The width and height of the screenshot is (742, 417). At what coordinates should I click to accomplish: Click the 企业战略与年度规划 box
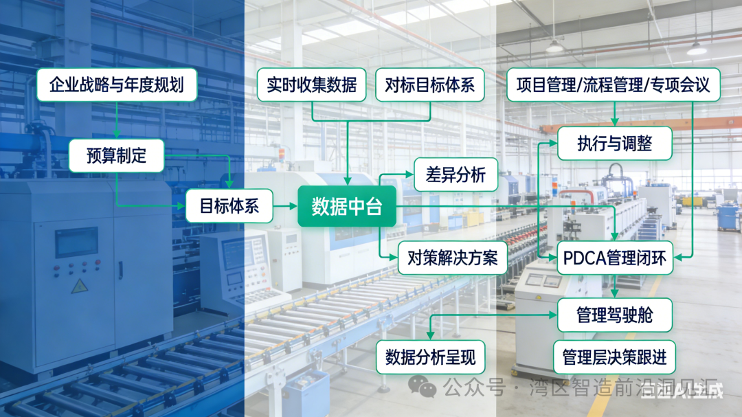coord(117,85)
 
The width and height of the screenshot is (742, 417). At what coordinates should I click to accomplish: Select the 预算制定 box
coord(117,155)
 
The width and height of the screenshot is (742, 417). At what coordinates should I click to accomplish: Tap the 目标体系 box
coord(229,205)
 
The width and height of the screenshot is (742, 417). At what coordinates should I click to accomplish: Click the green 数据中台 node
coord(347,206)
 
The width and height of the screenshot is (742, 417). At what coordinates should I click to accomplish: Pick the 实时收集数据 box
coord(312,85)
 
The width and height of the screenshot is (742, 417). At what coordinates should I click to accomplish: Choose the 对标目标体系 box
coord(430,85)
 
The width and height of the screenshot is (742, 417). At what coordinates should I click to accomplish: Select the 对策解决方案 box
coord(452,258)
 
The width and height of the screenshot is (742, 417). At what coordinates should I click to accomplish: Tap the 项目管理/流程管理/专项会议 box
coord(613,85)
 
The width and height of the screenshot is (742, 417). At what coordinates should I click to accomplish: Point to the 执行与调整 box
coord(614,144)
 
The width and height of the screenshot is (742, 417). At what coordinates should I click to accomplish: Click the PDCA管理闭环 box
coord(614,258)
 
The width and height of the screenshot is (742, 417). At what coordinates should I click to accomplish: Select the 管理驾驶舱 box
coord(614,315)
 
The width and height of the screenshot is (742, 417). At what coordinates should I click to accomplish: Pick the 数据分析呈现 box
coord(431,357)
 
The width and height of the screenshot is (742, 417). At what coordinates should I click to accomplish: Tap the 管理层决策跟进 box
coord(614,357)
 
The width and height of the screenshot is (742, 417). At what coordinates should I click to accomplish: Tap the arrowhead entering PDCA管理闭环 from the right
coord(679,258)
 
